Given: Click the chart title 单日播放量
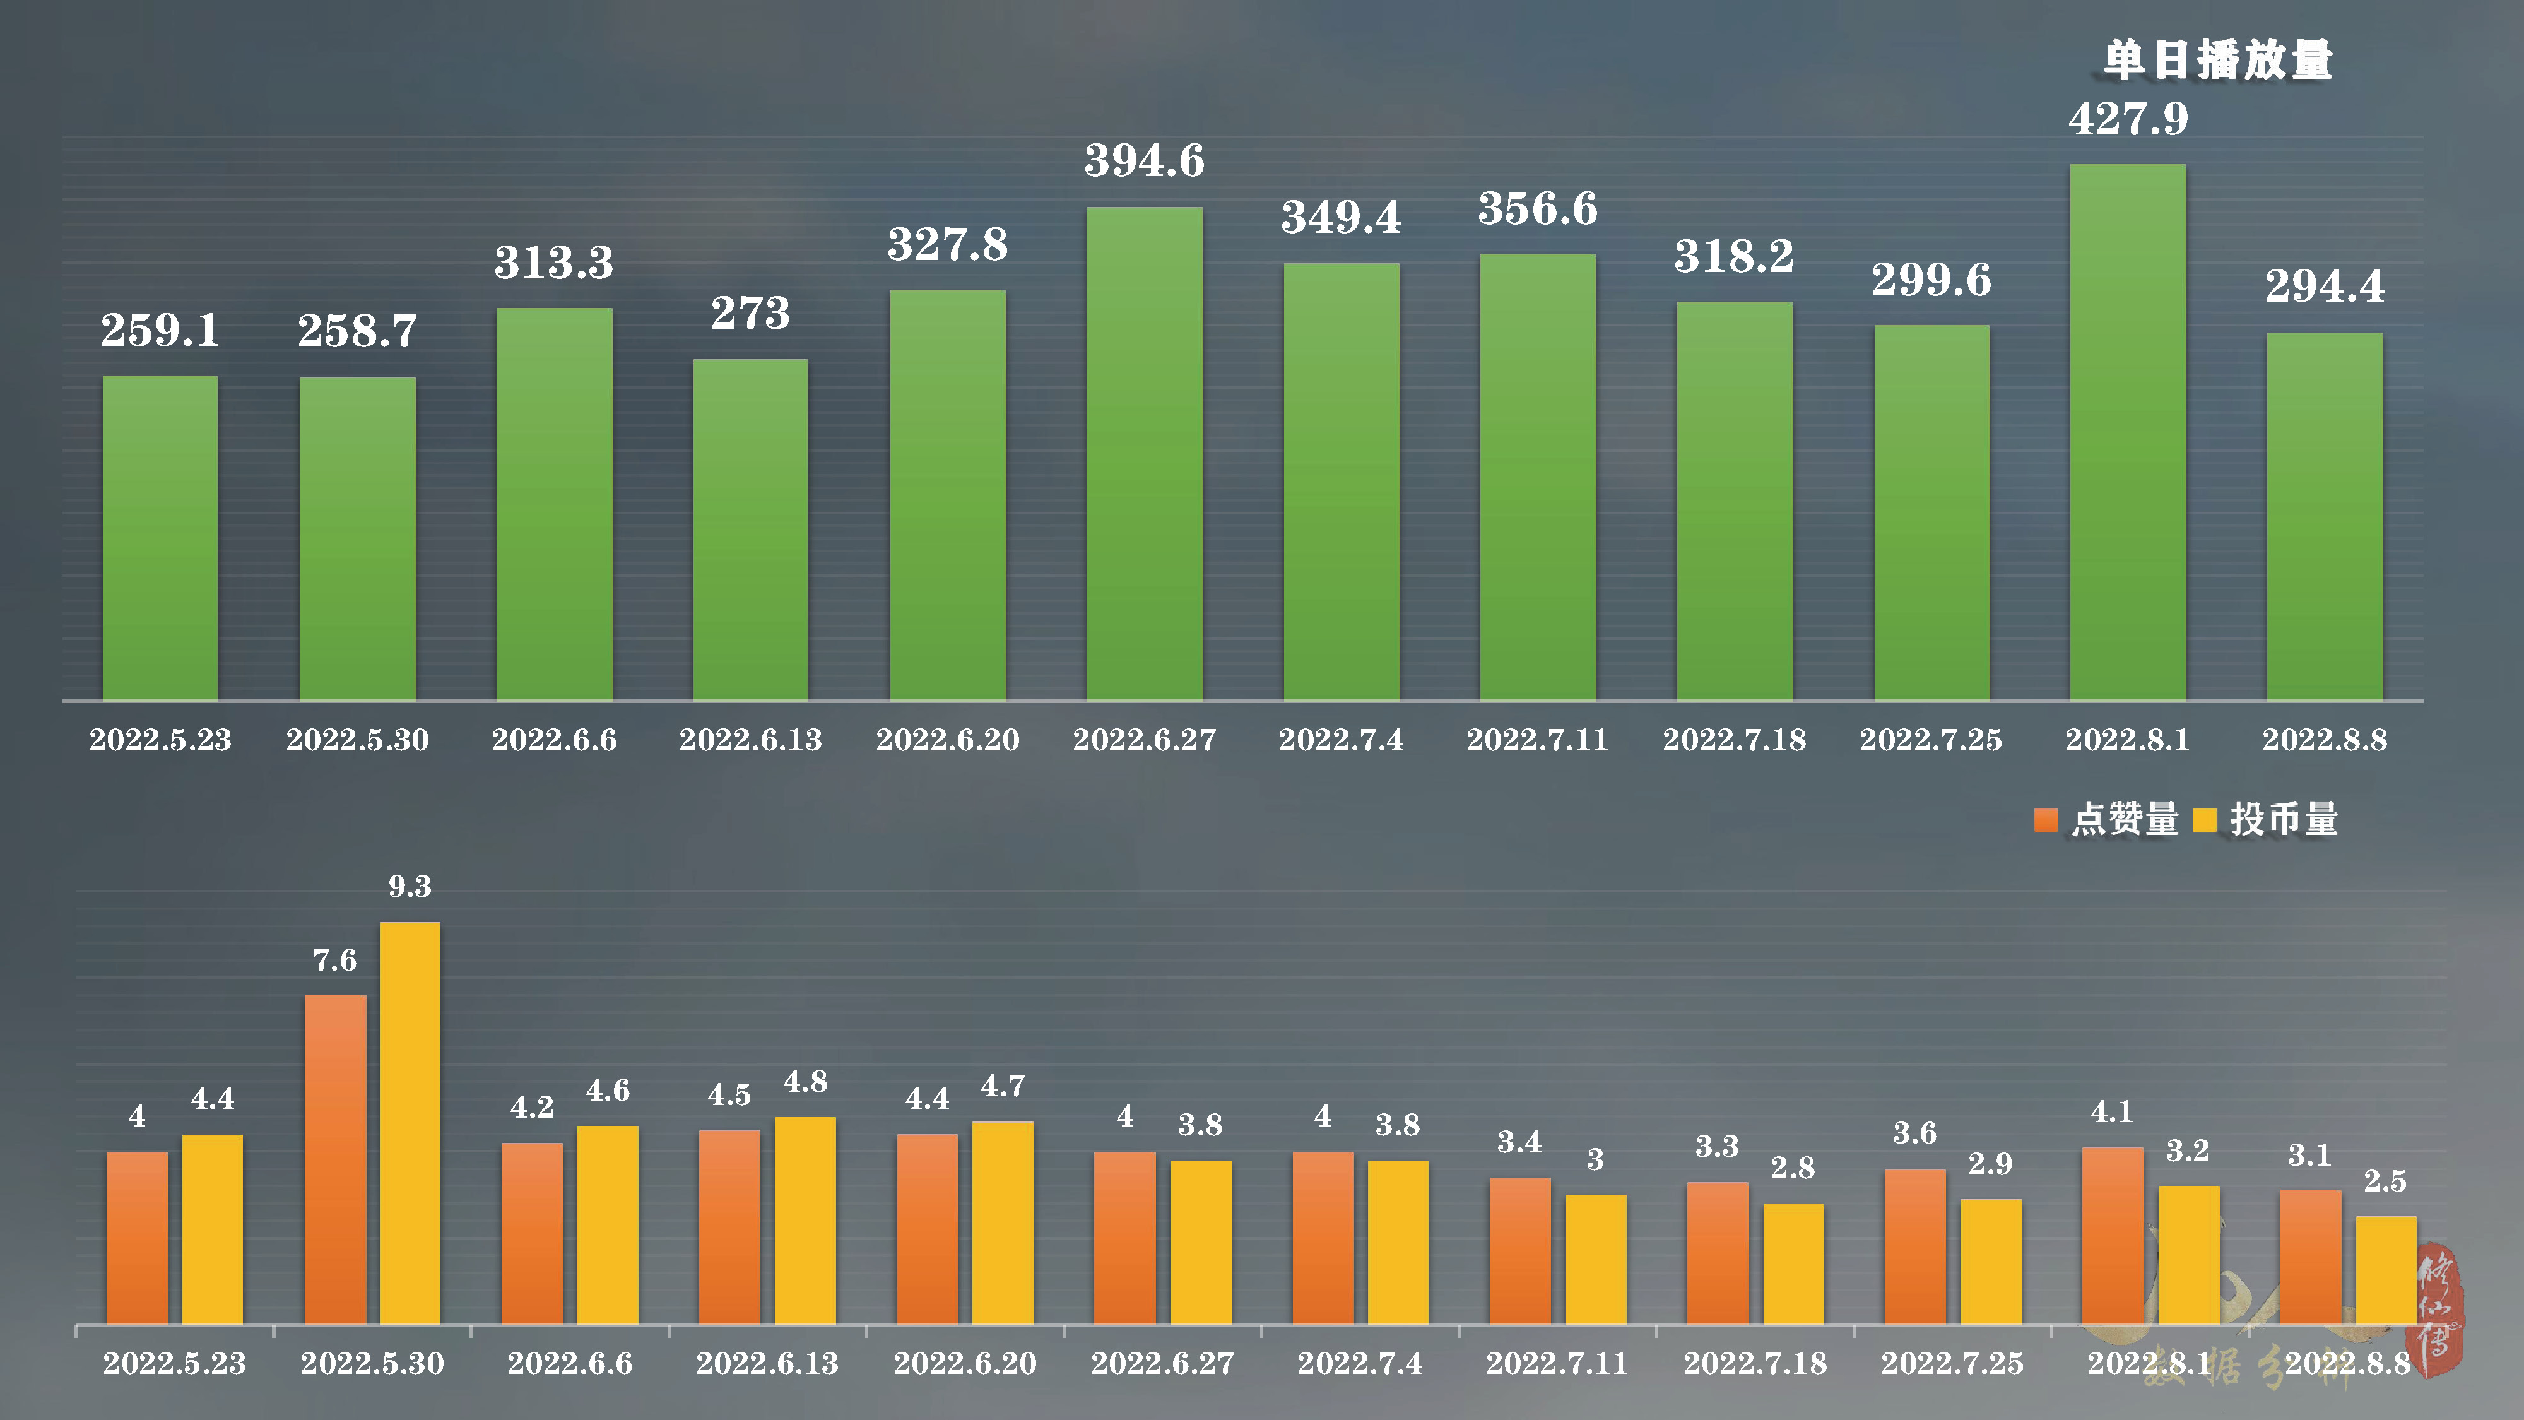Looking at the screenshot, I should click(x=2219, y=61).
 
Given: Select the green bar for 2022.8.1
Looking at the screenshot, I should click(x=2127, y=431).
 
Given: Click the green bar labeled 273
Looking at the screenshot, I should click(x=750, y=530).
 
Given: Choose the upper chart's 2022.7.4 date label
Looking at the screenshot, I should click(x=1340, y=740).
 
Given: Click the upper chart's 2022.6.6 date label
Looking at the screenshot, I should click(x=553, y=740).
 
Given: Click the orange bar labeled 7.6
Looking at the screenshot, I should click(x=335, y=1159).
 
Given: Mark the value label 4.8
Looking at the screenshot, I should click(x=805, y=1082).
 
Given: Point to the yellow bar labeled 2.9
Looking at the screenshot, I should click(x=1990, y=1261).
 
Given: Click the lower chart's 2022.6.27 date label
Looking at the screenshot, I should click(x=1162, y=1363).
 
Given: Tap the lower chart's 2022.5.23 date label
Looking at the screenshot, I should click(x=174, y=1363).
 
